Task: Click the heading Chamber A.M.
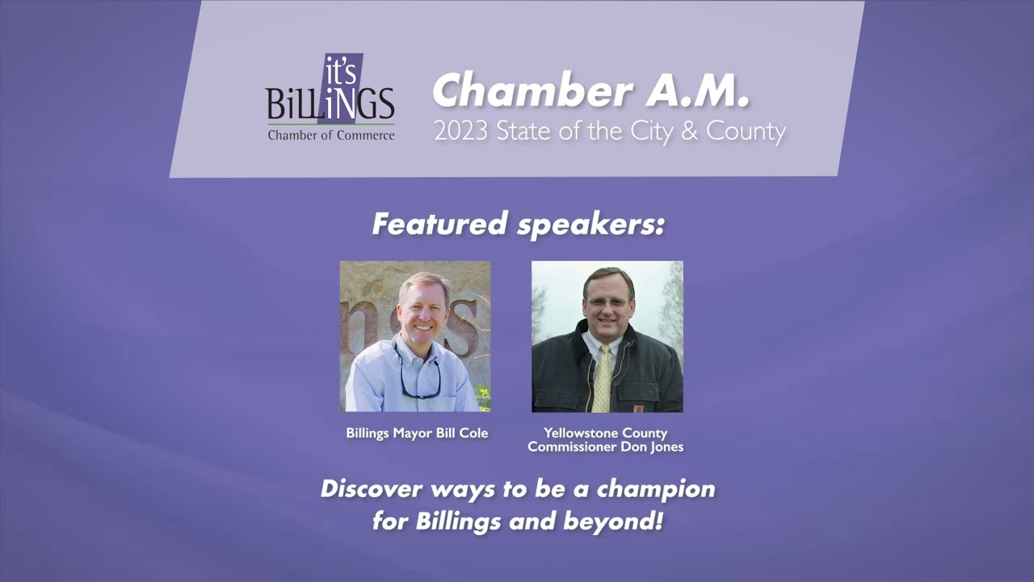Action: click(x=591, y=91)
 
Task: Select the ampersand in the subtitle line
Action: click(x=688, y=131)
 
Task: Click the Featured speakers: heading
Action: click(x=518, y=224)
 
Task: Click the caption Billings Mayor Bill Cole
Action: click(x=417, y=433)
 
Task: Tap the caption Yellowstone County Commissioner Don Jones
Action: click(x=606, y=440)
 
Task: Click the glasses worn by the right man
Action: click(x=607, y=303)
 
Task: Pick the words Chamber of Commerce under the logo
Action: click(x=331, y=135)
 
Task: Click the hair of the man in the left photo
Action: click(x=422, y=283)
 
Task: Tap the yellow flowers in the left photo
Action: click(x=483, y=396)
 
